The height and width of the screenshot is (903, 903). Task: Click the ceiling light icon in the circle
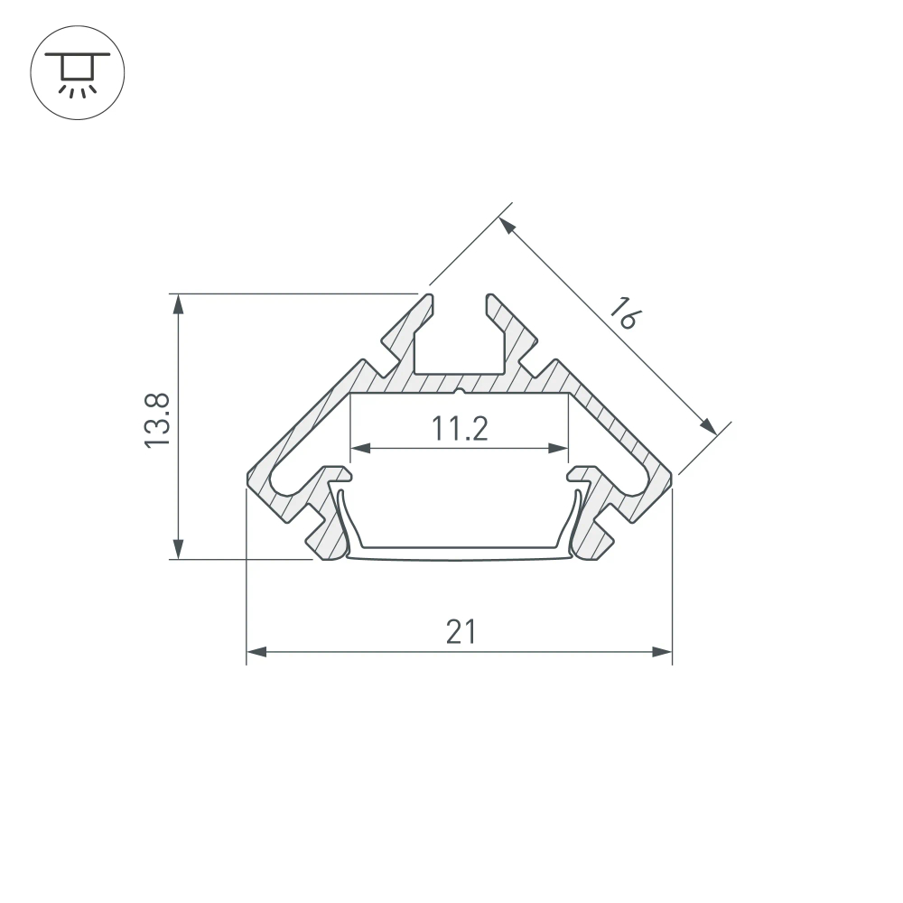[x=78, y=70]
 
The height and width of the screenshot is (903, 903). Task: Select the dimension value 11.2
[x=459, y=429]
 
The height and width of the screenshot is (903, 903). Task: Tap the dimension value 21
[x=461, y=632]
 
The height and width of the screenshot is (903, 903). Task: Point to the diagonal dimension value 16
[x=623, y=312]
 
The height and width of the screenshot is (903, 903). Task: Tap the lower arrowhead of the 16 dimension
[x=710, y=426]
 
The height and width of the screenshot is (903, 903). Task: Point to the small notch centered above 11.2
[x=460, y=393]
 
